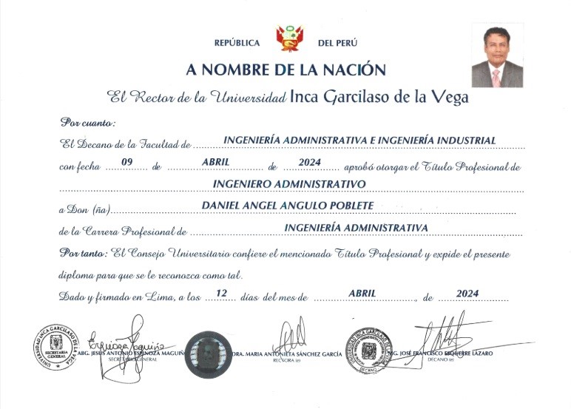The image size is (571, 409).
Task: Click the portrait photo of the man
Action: [x=497, y=55]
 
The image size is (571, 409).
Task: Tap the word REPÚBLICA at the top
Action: [x=237, y=43]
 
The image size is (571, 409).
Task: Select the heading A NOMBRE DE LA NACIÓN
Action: [x=286, y=70]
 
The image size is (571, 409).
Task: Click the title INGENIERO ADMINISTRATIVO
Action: [x=289, y=183]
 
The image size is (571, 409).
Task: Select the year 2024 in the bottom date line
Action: [x=469, y=294]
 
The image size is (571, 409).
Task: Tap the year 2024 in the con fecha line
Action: [x=307, y=161]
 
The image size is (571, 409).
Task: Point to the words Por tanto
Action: [x=84, y=253]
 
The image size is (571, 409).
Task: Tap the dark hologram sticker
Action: [x=209, y=354]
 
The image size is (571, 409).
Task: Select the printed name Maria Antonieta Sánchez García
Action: [x=288, y=354]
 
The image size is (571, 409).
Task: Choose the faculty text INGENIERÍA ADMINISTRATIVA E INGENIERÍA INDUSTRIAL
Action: [x=359, y=140]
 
